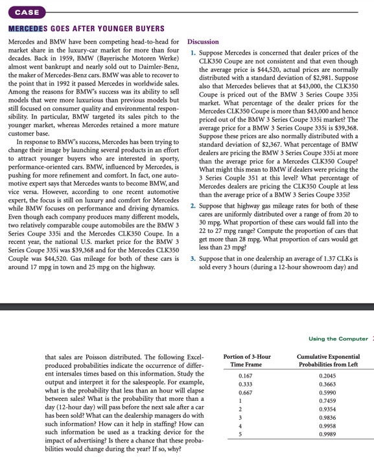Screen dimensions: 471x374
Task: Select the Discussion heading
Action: (x=203, y=42)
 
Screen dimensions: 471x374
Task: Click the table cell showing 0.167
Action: (x=246, y=376)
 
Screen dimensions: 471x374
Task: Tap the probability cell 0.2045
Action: (x=328, y=376)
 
